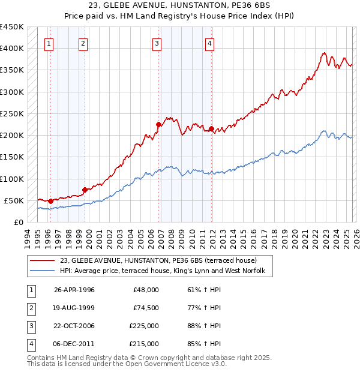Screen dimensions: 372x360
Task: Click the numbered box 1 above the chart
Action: coord(48,43)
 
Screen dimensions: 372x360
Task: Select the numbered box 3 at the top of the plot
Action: coord(157,43)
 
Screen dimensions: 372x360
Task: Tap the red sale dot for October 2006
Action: coord(159,125)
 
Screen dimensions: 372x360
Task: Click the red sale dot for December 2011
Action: coord(212,128)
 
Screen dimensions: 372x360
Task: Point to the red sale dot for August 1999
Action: coord(85,190)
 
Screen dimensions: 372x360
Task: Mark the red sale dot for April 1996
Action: coord(51,201)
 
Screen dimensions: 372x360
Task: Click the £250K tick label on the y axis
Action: coord(11,113)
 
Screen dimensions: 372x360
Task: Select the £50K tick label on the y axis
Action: coord(14,200)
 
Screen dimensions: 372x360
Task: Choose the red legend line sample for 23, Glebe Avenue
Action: coord(43,260)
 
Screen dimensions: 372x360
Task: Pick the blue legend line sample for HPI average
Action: coord(43,272)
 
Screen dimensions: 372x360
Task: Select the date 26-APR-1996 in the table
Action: coord(74,290)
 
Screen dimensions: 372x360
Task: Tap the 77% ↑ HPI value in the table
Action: coord(204,308)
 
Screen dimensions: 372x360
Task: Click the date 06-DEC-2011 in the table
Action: coord(74,344)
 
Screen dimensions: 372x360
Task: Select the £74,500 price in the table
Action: coord(146,308)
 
